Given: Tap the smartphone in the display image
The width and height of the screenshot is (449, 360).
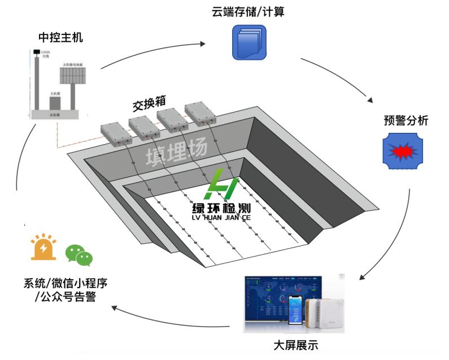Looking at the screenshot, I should (x=294, y=311).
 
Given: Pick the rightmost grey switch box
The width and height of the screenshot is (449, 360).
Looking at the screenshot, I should (x=200, y=114).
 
